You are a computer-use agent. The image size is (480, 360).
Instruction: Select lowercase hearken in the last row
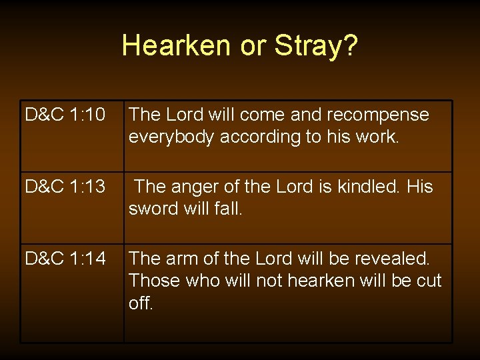[321, 281]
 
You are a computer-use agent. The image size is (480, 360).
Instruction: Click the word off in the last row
[141, 303]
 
